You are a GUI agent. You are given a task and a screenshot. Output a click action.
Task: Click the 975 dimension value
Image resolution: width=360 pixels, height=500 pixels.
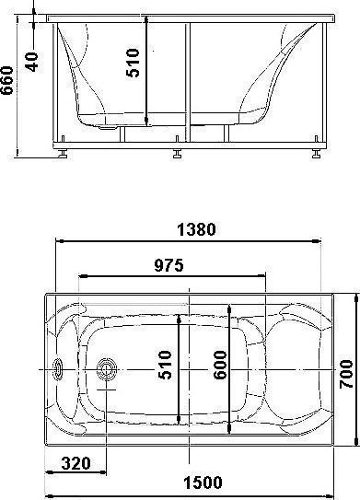tap(168, 265)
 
